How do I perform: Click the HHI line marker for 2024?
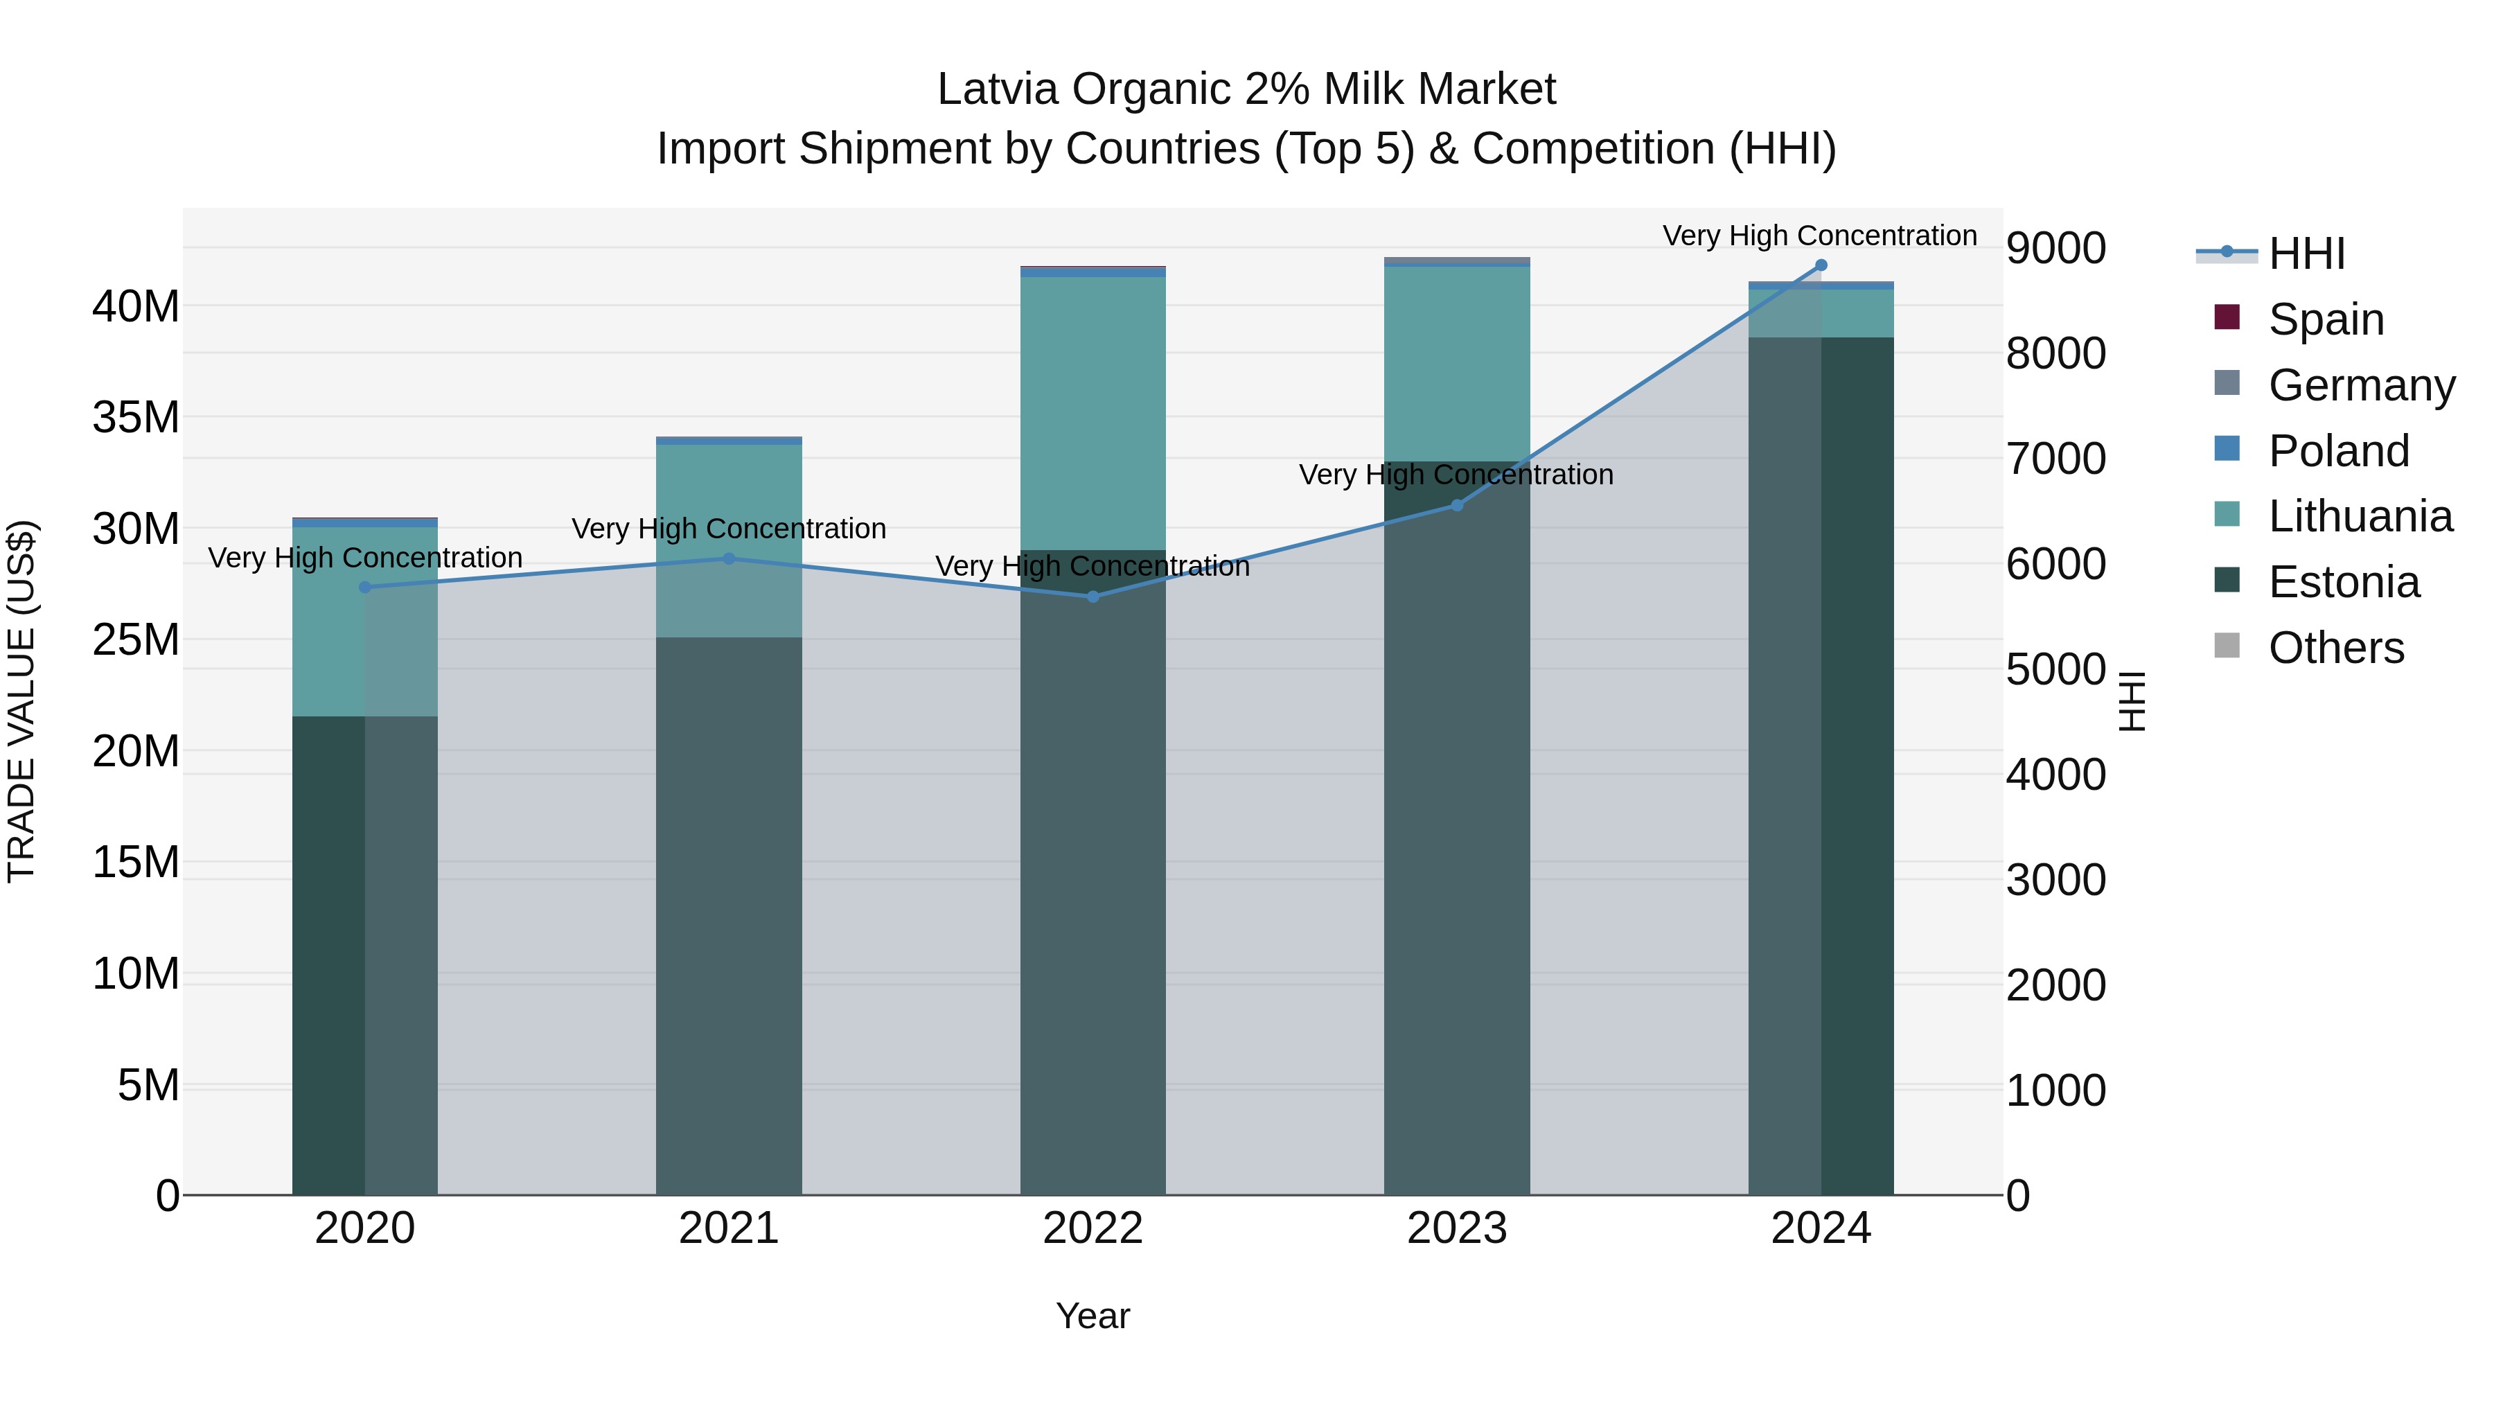coord(1820,265)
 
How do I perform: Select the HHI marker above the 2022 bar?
coord(1093,597)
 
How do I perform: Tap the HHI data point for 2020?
coord(365,587)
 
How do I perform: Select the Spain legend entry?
coord(2326,319)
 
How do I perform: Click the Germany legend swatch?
coord(2227,383)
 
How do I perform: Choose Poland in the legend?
coord(2338,451)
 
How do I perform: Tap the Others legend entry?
coord(2335,648)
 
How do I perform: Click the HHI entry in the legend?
coord(2306,254)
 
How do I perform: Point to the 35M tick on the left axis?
coord(136,417)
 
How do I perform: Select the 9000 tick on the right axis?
coord(2055,248)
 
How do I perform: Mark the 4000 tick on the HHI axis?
coord(2055,775)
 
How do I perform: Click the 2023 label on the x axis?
coord(1456,1228)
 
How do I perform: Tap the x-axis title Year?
coord(1093,1316)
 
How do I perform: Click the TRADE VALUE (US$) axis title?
coord(21,701)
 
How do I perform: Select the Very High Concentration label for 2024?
coord(1819,236)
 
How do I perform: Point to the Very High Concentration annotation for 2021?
coord(728,529)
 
